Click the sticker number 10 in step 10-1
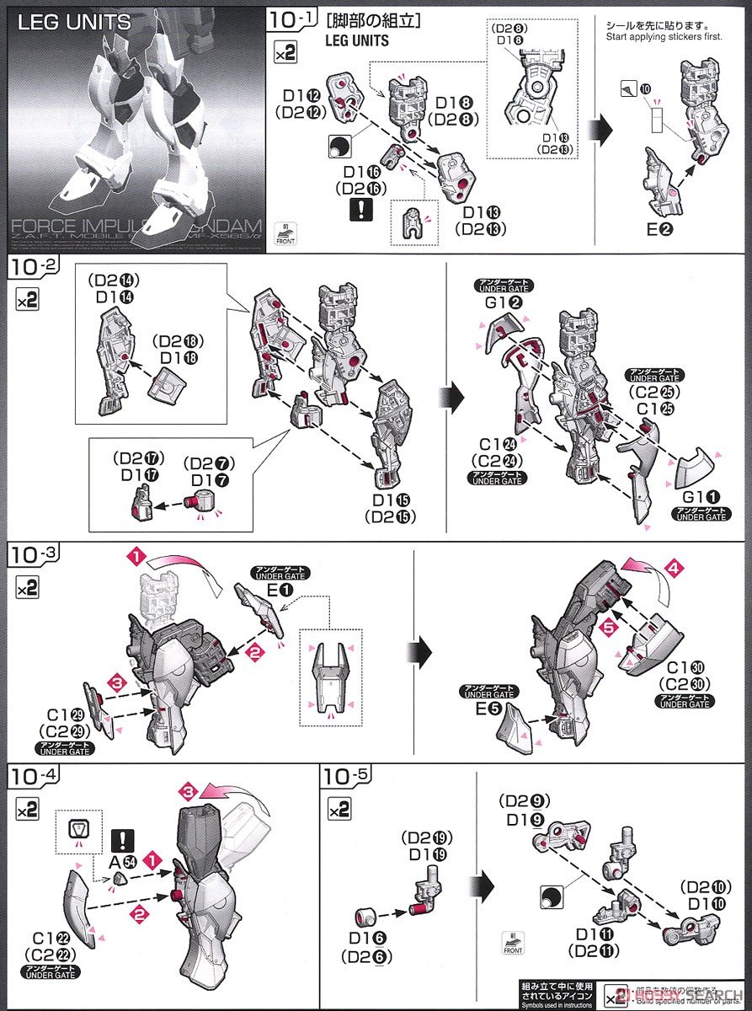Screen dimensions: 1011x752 [x=646, y=88]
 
